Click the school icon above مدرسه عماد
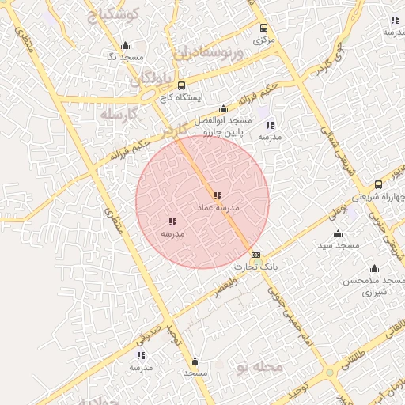coord(218,195)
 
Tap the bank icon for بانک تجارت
coord(255,255)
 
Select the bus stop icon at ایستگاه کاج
coord(181,85)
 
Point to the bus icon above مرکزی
coord(264,27)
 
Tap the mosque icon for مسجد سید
coord(339,233)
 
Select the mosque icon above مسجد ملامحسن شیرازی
coord(374,269)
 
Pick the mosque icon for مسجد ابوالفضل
coord(223,109)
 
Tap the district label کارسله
coord(119,115)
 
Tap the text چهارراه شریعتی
coord(383,196)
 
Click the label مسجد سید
coord(339,246)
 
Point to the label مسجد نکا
coord(124,58)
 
